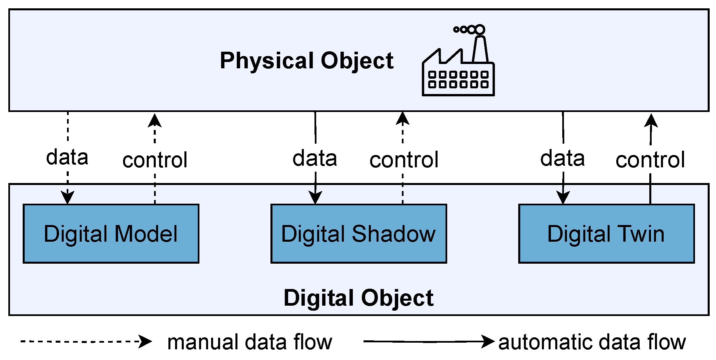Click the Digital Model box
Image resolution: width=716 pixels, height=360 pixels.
111,234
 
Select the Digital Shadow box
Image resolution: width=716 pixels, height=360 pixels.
359,234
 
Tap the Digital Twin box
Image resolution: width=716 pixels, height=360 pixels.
606,234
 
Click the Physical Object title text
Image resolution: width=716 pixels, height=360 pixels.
306,61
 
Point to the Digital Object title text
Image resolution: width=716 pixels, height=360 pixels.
359,298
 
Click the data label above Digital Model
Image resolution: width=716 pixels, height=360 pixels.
67,157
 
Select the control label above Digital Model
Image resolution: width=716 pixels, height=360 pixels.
155,160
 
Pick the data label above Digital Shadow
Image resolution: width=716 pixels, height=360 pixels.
314,158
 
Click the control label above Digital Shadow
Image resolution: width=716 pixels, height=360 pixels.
404,160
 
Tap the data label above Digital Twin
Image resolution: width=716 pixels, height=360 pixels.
562,158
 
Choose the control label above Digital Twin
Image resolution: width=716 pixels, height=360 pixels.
650,160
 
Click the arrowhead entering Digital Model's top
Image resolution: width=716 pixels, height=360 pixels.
68,197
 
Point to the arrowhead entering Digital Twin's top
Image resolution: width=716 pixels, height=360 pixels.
563,197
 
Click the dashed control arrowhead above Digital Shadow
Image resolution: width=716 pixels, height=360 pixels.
403,119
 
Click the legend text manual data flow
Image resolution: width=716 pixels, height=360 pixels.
249,342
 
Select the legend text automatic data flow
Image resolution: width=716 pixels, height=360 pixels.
592,342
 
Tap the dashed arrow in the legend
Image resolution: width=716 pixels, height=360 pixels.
86,341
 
